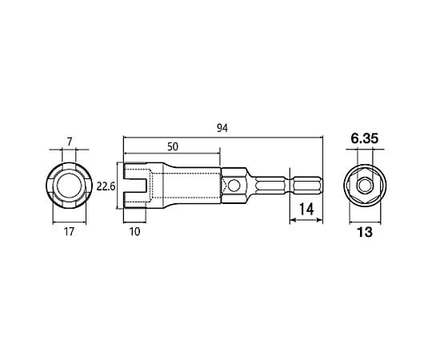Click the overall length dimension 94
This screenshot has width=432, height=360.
pyautogui.click(x=222, y=128)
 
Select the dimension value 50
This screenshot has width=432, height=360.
pyautogui.click(x=173, y=146)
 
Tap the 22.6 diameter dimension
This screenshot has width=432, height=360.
pyautogui.click(x=106, y=186)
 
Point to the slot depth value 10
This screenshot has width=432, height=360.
pyautogui.click(x=134, y=232)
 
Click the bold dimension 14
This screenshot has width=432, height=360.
pyautogui.click(x=306, y=209)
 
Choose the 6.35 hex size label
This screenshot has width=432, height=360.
pyautogui.click(x=365, y=138)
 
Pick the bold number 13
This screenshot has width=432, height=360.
pyautogui.click(x=365, y=232)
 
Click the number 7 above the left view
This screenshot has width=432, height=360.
pyautogui.click(x=70, y=142)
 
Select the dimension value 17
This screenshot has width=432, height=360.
pyautogui.click(x=69, y=232)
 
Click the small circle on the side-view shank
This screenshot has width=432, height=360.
pyautogui.click(x=234, y=186)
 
